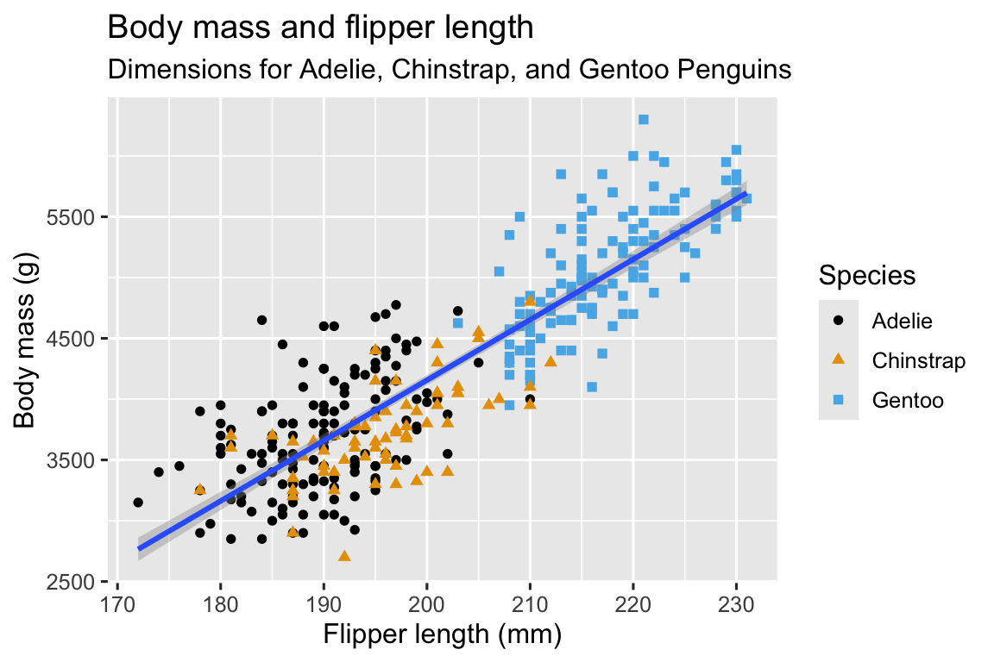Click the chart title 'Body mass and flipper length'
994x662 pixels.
(x=319, y=28)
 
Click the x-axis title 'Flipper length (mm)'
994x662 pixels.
(x=443, y=636)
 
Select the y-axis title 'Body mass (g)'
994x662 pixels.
(x=25, y=340)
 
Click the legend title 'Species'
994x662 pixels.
(x=866, y=276)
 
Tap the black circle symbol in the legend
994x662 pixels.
(x=839, y=321)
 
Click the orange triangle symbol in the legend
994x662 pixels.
(x=839, y=360)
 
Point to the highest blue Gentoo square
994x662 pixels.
(x=643, y=120)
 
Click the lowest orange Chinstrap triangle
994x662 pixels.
(x=344, y=556)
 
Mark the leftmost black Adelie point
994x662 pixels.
(x=138, y=503)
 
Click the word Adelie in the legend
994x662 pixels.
(x=903, y=321)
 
